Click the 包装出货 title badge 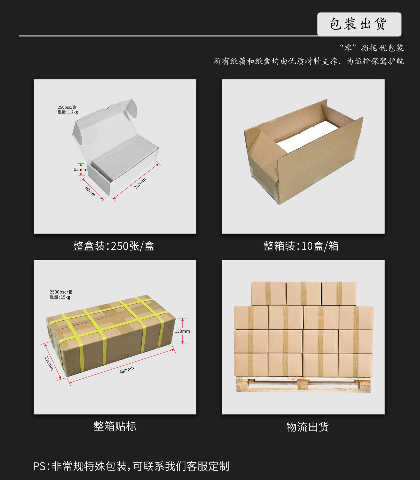359,24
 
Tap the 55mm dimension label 80,169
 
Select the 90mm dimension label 90,191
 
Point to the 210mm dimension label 140,183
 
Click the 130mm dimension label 182,331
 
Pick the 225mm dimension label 49,363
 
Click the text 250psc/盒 67,107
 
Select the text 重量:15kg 60,297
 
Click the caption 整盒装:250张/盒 114,246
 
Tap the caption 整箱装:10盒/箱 301,246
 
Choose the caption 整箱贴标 115,426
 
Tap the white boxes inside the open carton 308,136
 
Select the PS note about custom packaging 131,466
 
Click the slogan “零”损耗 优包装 372,48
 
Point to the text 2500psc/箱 61,292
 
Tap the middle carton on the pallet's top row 304,293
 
